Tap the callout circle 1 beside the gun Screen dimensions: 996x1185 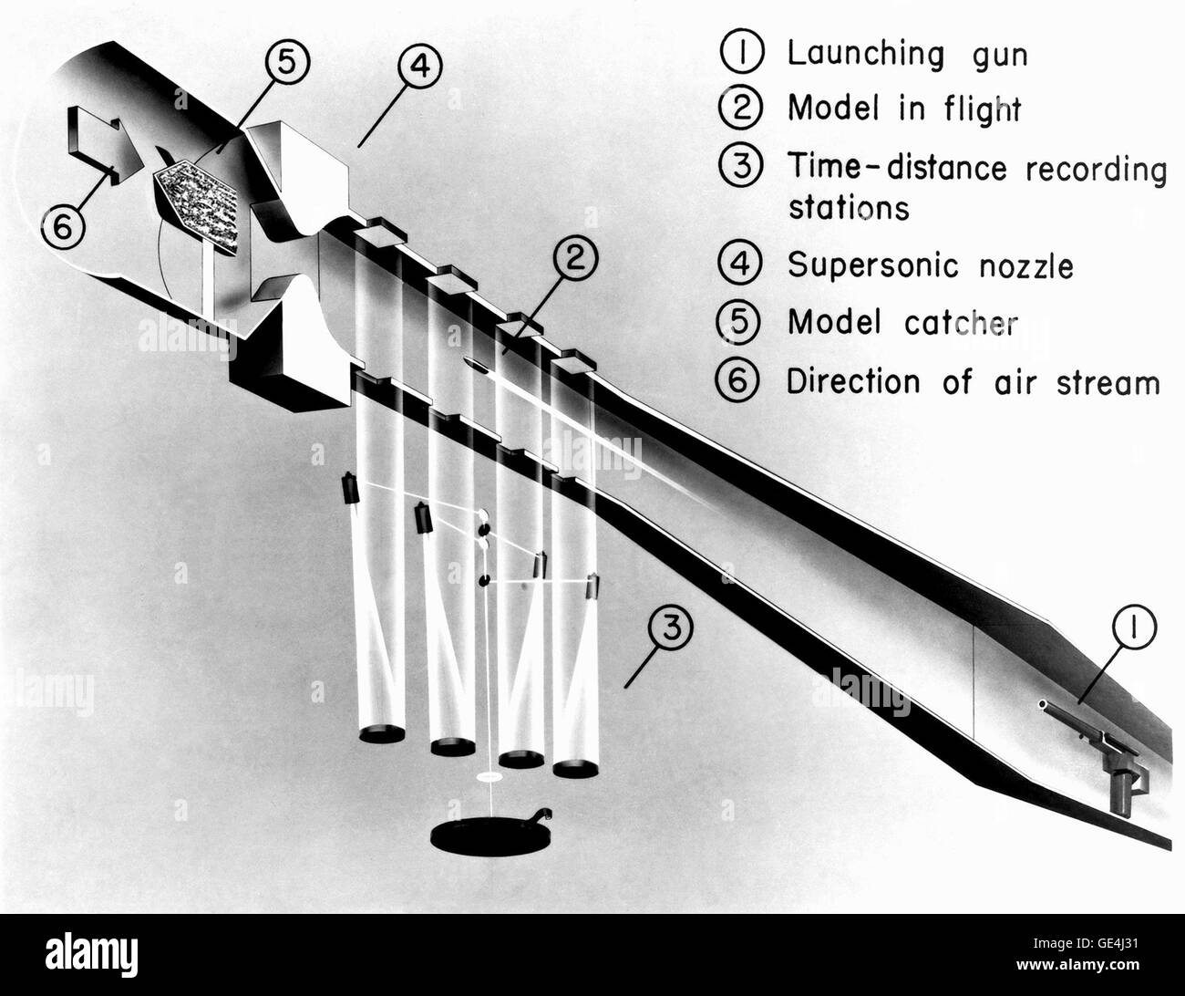pyautogui.click(x=1130, y=629)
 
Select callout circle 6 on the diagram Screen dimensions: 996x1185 pyautogui.click(x=61, y=228)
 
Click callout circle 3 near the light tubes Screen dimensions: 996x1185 pyautogui.click(x=672, y=629)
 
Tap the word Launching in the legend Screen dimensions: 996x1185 pyautogui.click(x=853, y=54)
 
